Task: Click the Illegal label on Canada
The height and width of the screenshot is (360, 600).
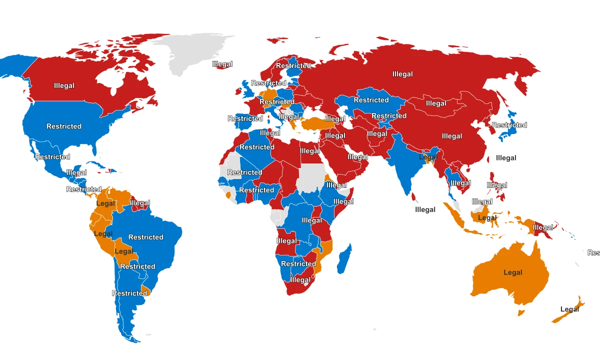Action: coord(64,85)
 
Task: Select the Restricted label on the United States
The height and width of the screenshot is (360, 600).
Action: coord(64,126)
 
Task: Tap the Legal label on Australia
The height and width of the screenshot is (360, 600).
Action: coord(513,272)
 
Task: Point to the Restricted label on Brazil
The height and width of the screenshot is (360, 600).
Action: coord(146,237)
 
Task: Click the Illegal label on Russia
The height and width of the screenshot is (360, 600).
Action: coord(402,74)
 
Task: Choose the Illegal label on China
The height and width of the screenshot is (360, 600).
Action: coord(452,136)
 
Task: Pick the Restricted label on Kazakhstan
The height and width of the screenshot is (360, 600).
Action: coord(371,100)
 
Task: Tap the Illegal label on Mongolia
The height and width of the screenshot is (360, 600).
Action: coord(436,103)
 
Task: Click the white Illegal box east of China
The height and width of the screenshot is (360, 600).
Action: coord(506,158)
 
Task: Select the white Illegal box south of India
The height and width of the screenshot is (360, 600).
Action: coord(425,209)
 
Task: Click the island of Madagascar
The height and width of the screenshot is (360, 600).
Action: coord(344,258)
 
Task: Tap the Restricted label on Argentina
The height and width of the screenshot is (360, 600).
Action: coord(129,293)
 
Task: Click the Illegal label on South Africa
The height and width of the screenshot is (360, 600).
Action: coord(300,280)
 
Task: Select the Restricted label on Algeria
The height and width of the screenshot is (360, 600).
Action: coord(256,147)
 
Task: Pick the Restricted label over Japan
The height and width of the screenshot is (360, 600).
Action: coord(509,125)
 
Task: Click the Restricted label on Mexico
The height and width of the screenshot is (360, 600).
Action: coord(52,157)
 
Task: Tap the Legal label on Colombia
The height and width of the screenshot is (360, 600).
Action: coord(105,204)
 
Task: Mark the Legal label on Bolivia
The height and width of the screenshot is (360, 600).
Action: coord(124,251)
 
